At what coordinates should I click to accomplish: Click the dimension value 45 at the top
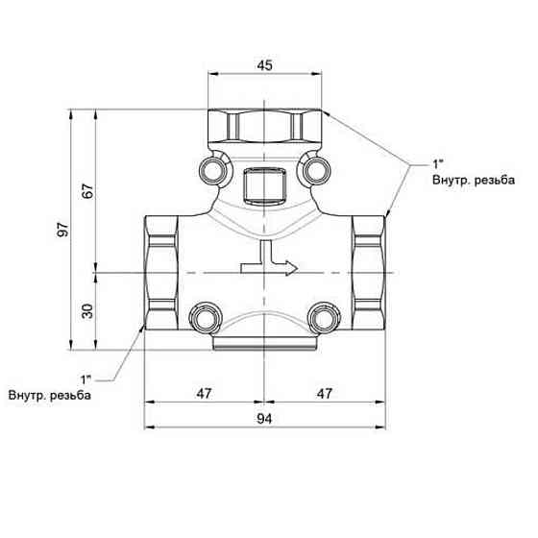point(264,65)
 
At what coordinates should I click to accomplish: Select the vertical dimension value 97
point(63,230)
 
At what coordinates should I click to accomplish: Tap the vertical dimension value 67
point(87,191)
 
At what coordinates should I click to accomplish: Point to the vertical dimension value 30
point(87,311)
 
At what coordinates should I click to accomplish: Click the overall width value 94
point(264,419)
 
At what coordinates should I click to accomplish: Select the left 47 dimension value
point(204,394)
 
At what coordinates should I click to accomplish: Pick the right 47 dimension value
point(325,394)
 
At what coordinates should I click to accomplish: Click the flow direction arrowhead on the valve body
point(292,268)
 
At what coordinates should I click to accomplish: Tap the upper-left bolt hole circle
point(213,170)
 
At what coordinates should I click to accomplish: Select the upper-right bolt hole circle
point(317,170)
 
